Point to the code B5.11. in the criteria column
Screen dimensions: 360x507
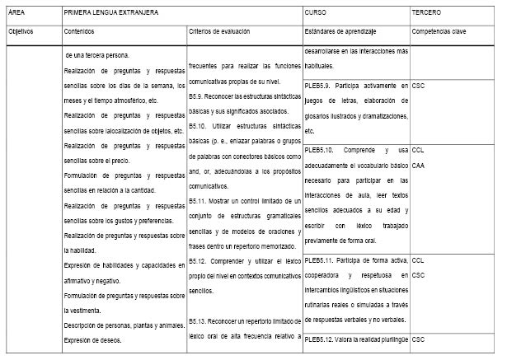click(200, 200)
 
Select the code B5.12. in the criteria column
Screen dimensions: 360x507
click(200, 260)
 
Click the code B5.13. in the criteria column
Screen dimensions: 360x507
click(200, 319)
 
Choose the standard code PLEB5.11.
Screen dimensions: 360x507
click(320, 259)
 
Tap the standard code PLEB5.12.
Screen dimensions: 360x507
click(320, 339)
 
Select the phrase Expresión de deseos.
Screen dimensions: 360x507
click(94, 339)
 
